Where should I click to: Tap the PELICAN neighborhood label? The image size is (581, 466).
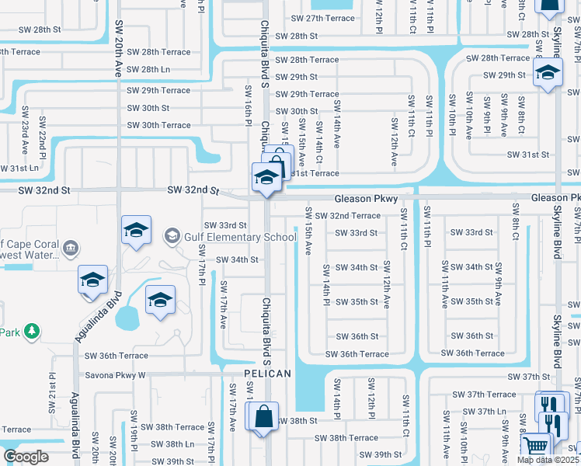tap(267, 374)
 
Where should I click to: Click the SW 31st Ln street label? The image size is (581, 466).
tap(19, 168)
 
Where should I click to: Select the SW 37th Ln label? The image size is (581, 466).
tap(492, 412)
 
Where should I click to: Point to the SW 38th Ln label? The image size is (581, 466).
tap(172, 444)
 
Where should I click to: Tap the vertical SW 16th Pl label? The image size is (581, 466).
tap(250, 106)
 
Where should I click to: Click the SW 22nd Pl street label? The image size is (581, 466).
tap(43, 144)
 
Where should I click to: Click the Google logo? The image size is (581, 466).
tap(26, 456)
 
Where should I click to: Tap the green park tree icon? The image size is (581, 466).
tap(31, 332)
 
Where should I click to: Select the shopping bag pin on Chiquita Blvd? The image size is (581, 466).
tap(263, 416)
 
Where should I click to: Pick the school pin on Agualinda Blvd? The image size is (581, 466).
tap(92, 281)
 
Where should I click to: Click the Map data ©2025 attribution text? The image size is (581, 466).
tap(548, 460)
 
